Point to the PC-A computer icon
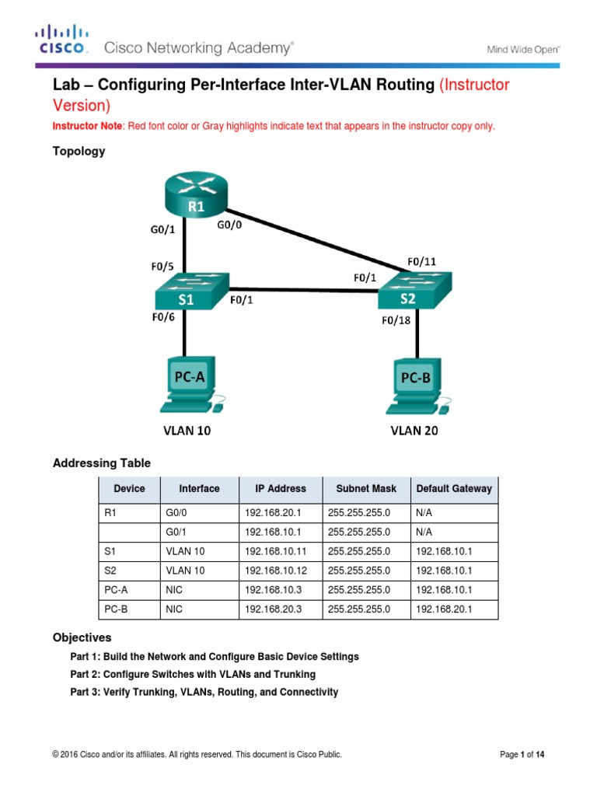[x=186, y=386]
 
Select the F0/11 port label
[x=422, y=261]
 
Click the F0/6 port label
[x=163, y=317]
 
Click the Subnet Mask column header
[x=365, y=489]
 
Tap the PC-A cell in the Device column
[x=115, y=591]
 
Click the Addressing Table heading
[x=102, y=463]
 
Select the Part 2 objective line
[x=193, y=674]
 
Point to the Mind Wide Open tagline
[x=524, y=49]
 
